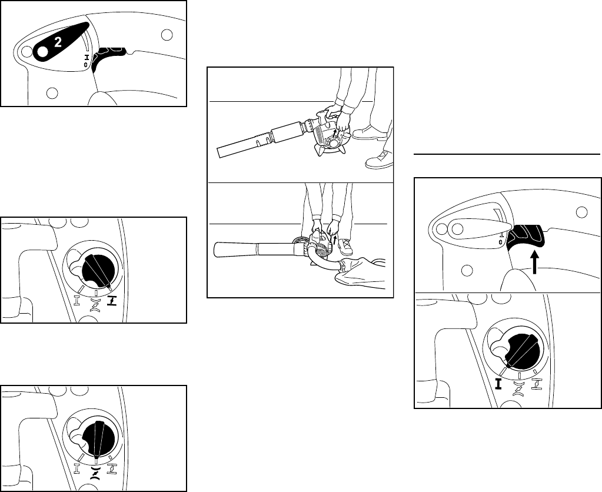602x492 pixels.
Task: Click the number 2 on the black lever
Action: click(x=58, y=42)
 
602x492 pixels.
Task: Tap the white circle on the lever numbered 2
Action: click(x=42, y=51)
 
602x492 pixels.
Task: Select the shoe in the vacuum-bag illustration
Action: click(x=345, y=247)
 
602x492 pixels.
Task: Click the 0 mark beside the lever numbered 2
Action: click(x=85, y=65)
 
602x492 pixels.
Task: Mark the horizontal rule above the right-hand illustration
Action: click(x=507, y=154)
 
